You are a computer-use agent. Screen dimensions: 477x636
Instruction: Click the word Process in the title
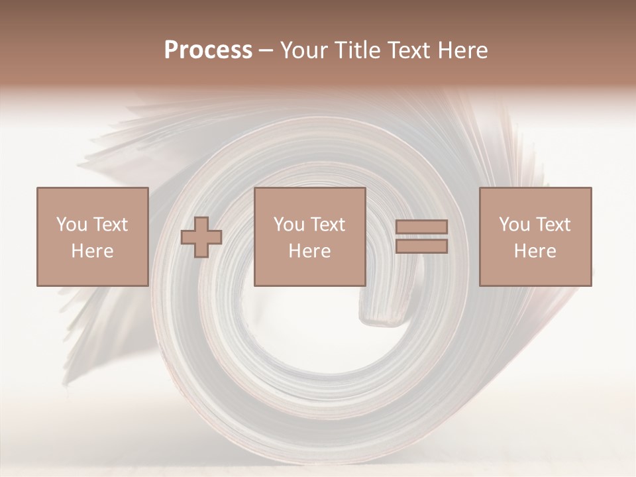point(208,50)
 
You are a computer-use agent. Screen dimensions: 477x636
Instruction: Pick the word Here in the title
point(464,50)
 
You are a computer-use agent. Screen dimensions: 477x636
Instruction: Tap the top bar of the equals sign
point(421,227)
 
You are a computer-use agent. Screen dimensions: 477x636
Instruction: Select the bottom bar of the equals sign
point(421,246)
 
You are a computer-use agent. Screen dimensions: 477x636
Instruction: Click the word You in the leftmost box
point(71,225)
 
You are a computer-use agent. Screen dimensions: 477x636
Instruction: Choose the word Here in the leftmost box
point(92,251)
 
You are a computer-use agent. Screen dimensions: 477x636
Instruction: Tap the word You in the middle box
point(289,225)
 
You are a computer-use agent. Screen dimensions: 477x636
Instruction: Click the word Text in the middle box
point(327,225)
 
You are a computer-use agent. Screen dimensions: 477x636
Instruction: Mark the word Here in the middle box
point(310,251)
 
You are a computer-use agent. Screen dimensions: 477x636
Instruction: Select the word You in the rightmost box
point(514,225)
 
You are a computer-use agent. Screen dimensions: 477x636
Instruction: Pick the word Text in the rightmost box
point(553,225)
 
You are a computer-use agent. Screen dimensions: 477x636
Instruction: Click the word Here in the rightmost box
point(535,251)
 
